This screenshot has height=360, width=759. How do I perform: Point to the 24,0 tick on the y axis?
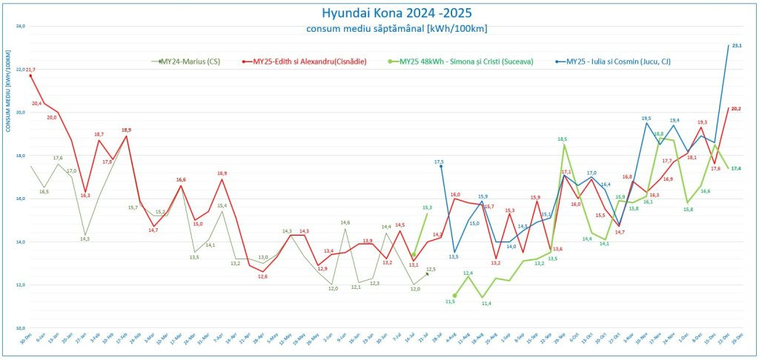(21, 26)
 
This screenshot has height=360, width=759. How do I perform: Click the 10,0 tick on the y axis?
(21, 327)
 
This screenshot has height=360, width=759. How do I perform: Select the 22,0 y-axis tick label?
(21, 69)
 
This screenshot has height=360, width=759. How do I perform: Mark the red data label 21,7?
(30, 70)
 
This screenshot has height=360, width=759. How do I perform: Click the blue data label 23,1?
(736, 46)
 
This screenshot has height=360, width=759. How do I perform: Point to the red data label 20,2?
(736, 109)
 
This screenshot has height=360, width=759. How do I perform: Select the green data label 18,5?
(563, 139)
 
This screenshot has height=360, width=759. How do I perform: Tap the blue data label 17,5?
(439, 161)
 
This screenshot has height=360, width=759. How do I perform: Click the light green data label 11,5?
(450, 301)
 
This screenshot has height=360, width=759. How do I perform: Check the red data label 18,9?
(126, 130)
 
